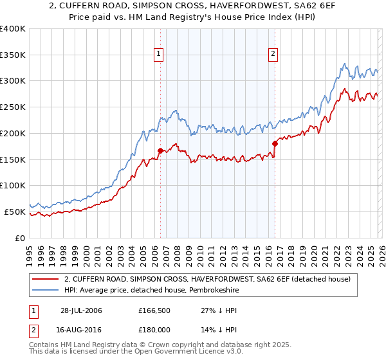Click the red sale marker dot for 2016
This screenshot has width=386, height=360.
(x=275, y=143)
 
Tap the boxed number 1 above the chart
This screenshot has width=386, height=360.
(x=158, y=54)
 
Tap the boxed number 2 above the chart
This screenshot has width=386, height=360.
(x=273, y=54)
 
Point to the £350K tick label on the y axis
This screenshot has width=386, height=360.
(x=13, y=55)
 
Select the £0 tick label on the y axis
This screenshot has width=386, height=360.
(x=19, y=238)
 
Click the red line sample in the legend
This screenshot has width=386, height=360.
(x=45, y=279)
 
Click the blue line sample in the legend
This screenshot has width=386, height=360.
(x=45, y=290)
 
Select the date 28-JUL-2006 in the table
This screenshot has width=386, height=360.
(x=82, y=310)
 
